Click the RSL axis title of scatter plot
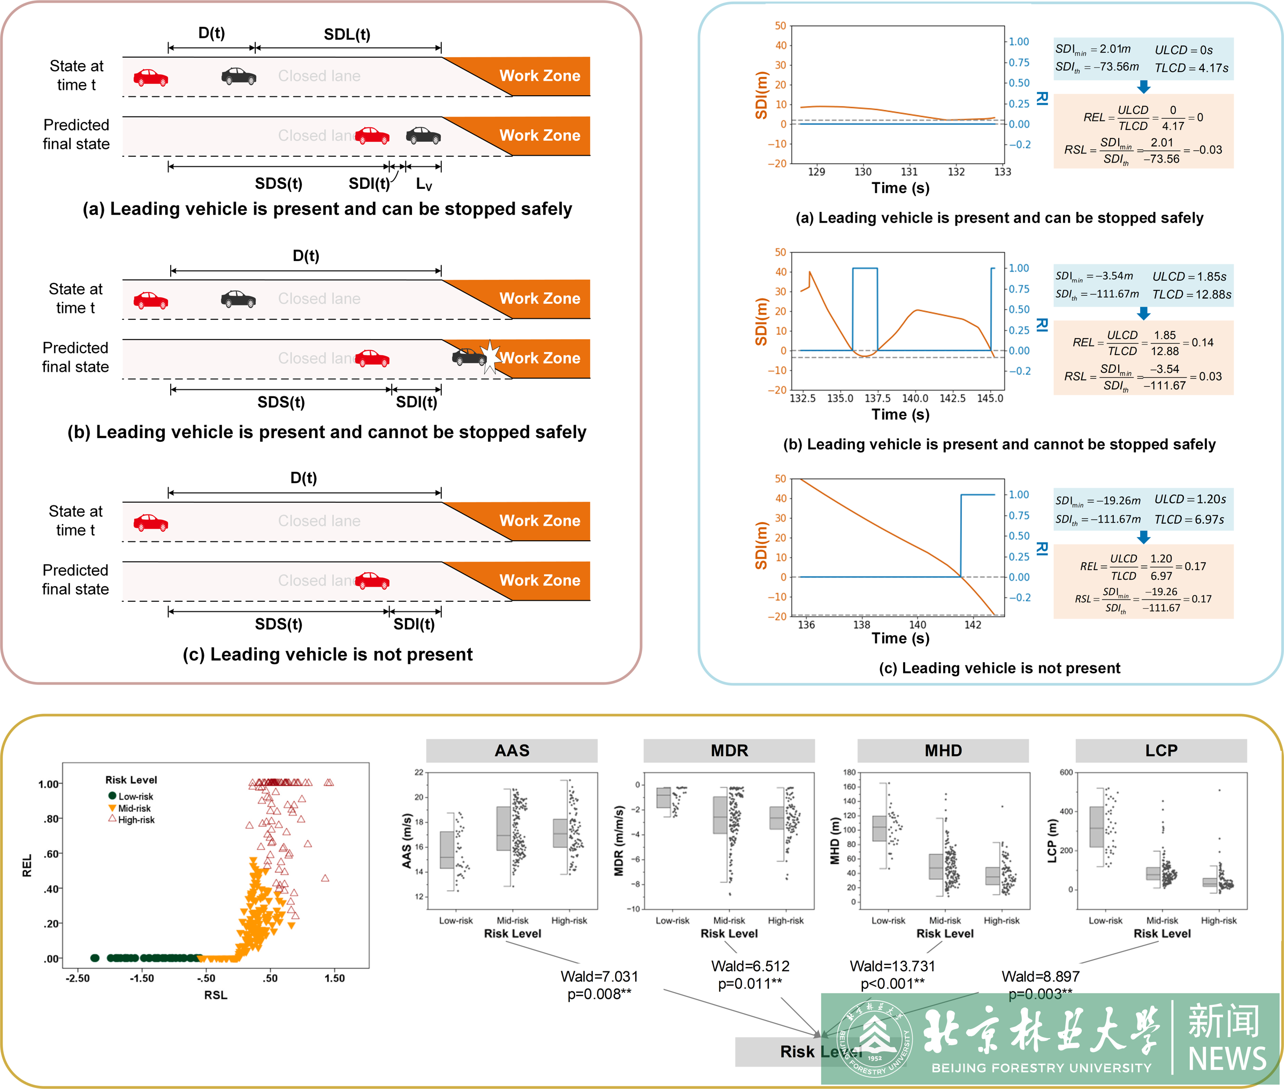pos(216,994)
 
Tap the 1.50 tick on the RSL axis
pos(334,978)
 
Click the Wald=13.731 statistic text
pos(892,966)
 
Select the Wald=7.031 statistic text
pos(599,976)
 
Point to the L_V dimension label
pos(424,184)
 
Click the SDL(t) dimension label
pos(347,35)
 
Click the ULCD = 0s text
pos(1183,50)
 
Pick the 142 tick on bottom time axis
pos(972,625)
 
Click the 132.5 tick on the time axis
pos(802,398)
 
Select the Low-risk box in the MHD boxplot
pos(879,829)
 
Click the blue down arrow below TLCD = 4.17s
pos(1143,87)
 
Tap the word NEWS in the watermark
pos(1227,1058)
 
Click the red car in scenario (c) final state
pos(372,580)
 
